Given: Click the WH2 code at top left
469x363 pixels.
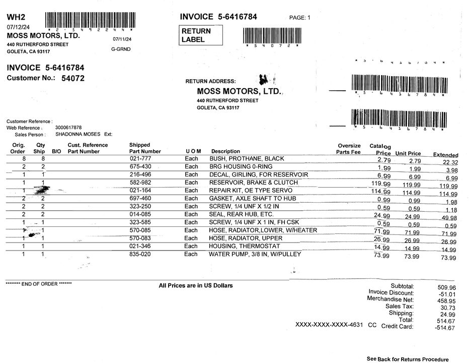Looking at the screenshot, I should [x=16, y=18].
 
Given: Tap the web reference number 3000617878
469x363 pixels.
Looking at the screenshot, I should [x=68, y=128].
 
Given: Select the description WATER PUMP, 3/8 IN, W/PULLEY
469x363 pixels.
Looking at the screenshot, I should [x=255, y=254].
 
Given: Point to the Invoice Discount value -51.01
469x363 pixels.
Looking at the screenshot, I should [x=445, y=294].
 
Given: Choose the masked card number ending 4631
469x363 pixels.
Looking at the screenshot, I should [x=329, y=325].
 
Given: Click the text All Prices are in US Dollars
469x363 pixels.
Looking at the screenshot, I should [x=196, y=286].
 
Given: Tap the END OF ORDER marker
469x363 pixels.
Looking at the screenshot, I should [x=38, y=284].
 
